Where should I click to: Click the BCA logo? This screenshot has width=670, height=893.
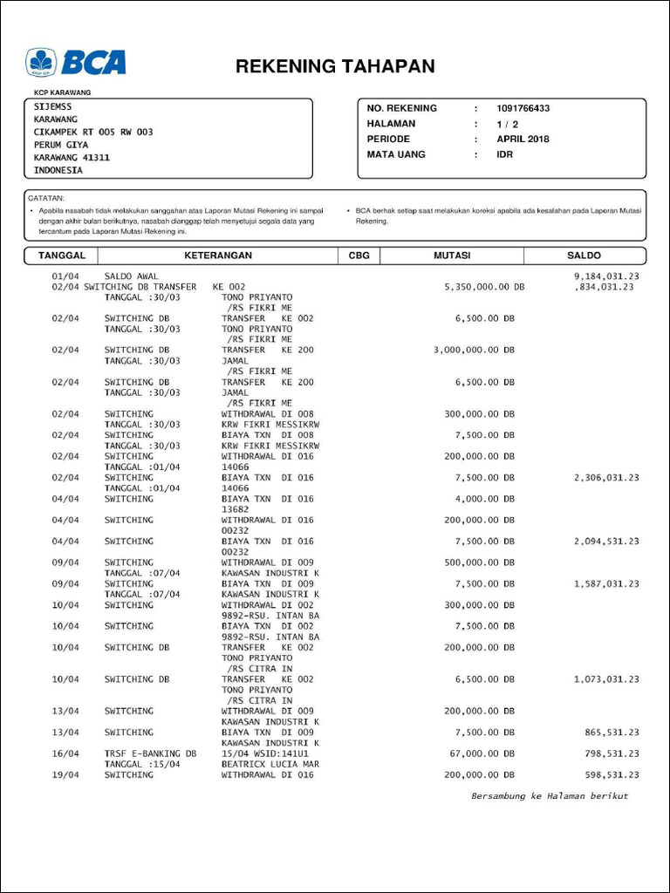[x=76, y=63]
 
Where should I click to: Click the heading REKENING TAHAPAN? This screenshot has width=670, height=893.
[x=335, y=67]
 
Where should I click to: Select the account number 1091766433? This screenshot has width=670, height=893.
[x=523, y=108]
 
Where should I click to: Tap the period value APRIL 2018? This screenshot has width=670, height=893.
[x=523, y=139]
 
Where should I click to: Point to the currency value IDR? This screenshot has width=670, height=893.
[x=505, y=154]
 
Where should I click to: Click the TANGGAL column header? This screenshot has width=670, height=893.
[x=61, y=256]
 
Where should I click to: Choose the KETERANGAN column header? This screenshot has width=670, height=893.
[x=218, y=256]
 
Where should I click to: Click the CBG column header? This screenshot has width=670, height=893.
[x=359, y=256]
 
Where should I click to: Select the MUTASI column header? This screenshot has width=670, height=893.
[x=452, y=256]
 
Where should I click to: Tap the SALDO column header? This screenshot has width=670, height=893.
[x=584, y=256]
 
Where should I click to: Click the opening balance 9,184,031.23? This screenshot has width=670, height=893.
[x=606, y=276]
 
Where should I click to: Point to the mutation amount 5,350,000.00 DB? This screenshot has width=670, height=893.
[x=484, y=287]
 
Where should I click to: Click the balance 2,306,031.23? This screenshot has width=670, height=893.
[x=606, y=478]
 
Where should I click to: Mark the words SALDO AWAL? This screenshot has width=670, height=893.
[x=131, y=276]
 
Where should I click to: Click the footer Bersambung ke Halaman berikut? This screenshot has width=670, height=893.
[x=550, y=795]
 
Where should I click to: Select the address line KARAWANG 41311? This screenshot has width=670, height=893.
[x=72, y=158]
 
